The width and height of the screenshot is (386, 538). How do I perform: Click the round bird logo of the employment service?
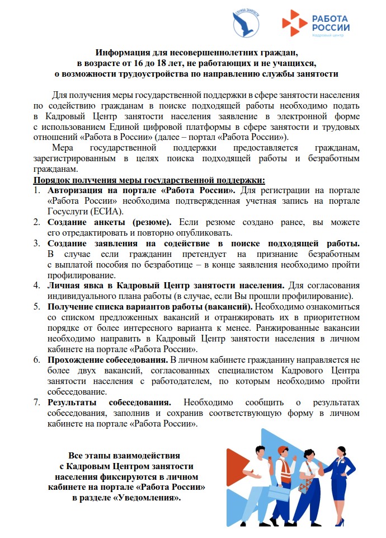[x=246, y=23]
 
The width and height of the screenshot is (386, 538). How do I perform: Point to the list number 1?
[x=36, y=191]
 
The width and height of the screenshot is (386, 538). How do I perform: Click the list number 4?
[x=36, y=286]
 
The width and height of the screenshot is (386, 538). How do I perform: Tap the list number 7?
[x=36, y=403]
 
